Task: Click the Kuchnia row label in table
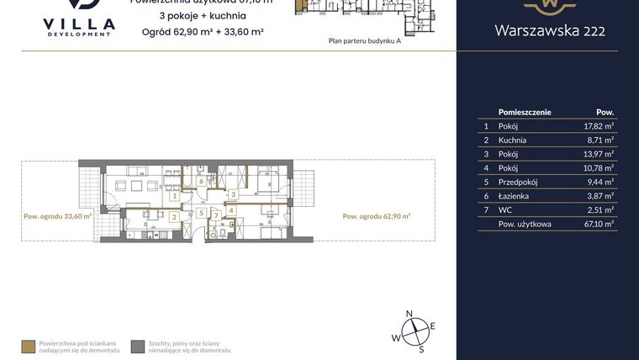pyautogui.click(x=512, y=140)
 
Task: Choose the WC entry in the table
pyautogui.click(x=505, y=209)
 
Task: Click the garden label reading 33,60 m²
pyautogui.click(x=57, y=216)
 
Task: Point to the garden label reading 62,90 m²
pyautogui.click(x=376, y=216)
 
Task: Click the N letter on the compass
pyautogui.click(x=409, y=314)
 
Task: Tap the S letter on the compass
pyautogui.click(x=421, y=347)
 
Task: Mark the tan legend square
pyautogui.click(x=28, y=346)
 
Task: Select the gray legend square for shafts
pyautogui.click(x=137, y=346)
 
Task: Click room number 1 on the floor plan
pyautogui.click(x=173, y=196)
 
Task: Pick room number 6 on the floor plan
pyautogui.click(x=202, y=181)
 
